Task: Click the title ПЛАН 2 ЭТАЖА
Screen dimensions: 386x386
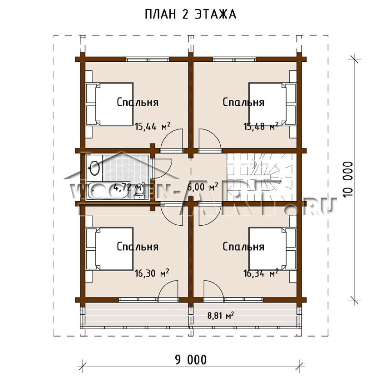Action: [190, 15]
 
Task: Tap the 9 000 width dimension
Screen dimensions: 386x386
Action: [190, 360]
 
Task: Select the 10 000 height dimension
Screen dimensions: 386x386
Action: [347, 179]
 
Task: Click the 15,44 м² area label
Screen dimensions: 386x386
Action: [152, 127]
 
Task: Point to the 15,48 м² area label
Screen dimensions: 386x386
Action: [261, 127]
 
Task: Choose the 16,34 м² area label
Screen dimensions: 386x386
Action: [261, 273]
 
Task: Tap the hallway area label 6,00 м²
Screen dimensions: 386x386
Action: [203, 186]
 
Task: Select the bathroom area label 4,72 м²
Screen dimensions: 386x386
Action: [129, 186]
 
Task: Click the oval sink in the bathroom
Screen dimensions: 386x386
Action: [94, 168]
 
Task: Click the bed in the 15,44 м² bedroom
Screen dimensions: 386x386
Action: [109, 104]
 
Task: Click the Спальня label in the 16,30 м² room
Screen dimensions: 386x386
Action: [137, 247]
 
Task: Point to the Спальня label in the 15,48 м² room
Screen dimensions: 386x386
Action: [243, 102]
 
